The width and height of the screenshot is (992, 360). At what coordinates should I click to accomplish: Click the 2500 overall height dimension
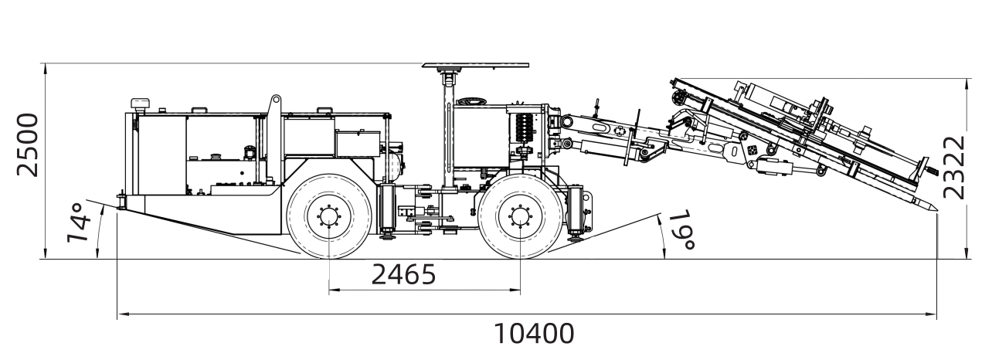[x=28, y=145]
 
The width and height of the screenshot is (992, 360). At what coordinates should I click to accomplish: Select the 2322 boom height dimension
[x=953, y=168]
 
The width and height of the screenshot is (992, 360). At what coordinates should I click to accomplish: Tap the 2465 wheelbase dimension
[x=403, y=274]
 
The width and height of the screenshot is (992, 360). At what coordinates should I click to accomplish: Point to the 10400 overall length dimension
[x=534, y=334]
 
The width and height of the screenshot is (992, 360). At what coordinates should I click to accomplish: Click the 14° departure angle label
[x=80, y=222]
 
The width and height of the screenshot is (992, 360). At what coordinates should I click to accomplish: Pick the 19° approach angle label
[x=681, y=230]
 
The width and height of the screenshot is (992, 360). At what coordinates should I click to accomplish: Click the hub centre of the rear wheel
[x=329, y=216]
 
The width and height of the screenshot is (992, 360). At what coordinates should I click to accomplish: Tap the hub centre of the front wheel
[x=521, y=216]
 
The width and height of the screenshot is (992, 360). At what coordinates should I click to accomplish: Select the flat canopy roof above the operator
[x=475, y=66]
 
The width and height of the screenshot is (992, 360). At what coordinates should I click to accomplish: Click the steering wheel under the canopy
[x=471, y=101]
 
